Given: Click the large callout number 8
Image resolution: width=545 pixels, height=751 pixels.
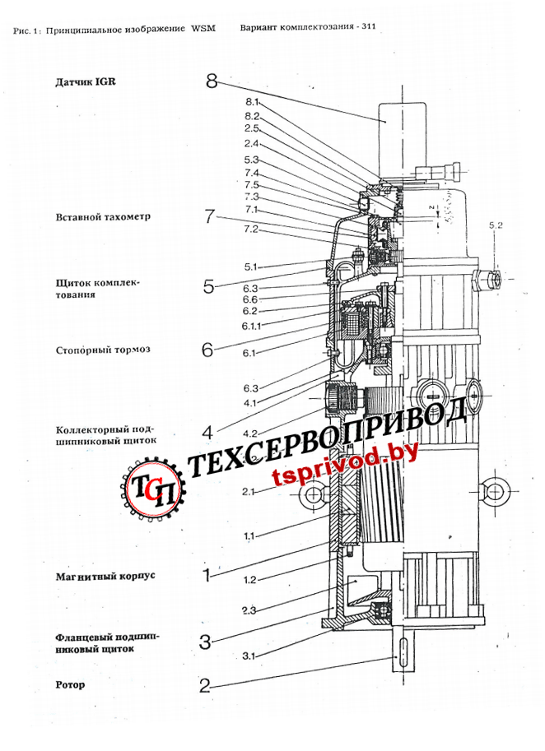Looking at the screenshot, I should click(212, 81).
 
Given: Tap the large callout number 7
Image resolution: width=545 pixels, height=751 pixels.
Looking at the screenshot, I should click(210, 217).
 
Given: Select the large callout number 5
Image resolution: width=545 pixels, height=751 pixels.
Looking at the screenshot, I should click(209, 286).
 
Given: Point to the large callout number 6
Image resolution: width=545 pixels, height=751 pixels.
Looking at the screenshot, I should click(207, 349).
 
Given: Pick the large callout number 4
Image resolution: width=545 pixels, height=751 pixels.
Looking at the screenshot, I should click(208, 431).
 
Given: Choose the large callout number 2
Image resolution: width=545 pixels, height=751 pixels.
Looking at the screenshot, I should click(205, 684).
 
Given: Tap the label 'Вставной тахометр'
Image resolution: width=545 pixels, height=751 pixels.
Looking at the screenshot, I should click(97, 217).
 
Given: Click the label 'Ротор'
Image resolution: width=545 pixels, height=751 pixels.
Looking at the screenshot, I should click(71, 684).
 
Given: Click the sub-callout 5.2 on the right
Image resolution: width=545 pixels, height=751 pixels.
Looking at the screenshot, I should click(496, 225).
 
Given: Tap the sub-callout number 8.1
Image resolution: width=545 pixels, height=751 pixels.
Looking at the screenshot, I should click(252, 102).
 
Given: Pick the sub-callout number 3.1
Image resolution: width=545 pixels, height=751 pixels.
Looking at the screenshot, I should click(251, 656).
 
